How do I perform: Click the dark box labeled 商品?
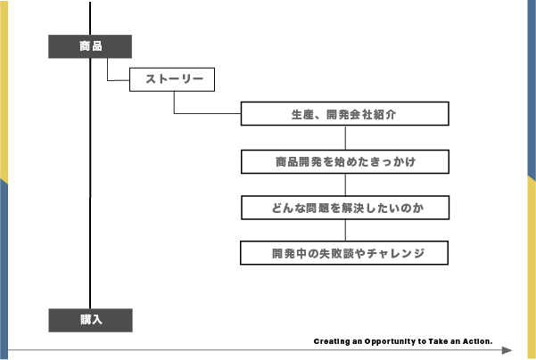coord(90,46)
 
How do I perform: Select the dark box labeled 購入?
coord(90,320)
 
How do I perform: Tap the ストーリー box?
coord(173,80)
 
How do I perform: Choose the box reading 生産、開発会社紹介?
coord(344,114)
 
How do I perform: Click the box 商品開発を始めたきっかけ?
coord(344,161)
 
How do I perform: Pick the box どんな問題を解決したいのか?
coord(344,208)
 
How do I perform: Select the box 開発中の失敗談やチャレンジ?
coord(344,253)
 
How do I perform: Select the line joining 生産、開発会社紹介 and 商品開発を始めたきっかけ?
coord(344,137)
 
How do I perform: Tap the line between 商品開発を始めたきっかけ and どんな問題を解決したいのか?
coord(344,184)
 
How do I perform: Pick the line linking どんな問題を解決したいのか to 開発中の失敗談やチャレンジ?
coord(344,230)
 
